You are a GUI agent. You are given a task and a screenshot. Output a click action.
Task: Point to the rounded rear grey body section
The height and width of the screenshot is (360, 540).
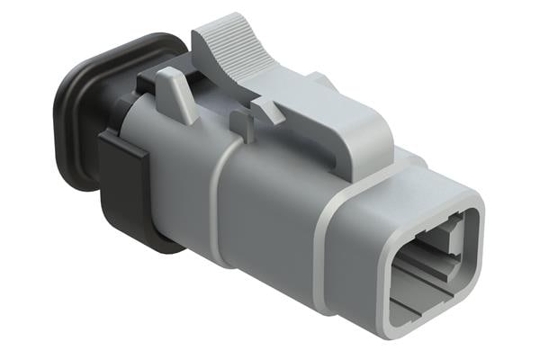tap(171, 171)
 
